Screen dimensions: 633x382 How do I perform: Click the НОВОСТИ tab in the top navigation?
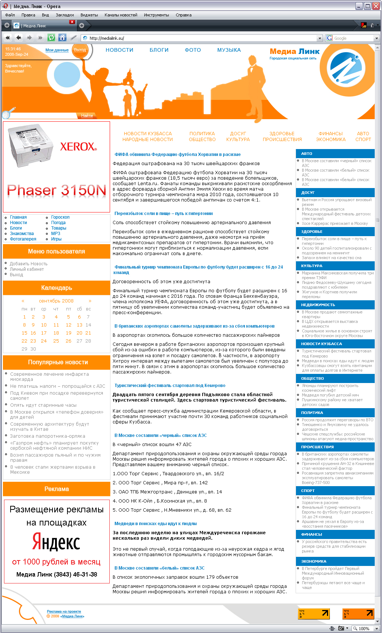click(x=119, y=50)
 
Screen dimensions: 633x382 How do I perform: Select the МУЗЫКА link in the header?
click(x=229, y=50)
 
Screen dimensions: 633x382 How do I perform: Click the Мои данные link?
click(x=57, y=50)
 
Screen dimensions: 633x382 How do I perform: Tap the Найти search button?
click(x=87, y=116)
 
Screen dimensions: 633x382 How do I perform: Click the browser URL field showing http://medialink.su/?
click(x=200, y=38)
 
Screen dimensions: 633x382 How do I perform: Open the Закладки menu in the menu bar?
click(x=65, y=15)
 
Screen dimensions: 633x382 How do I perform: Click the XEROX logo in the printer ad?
click(x=78, y=146)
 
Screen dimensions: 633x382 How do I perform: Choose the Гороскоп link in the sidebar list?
click(x=60, y=217)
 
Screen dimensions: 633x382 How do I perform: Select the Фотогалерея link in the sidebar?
click(x=23, y=239)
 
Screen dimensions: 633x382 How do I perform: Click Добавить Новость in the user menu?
click(x=28, y=264)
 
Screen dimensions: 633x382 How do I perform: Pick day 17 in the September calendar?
click(x=44, y=333)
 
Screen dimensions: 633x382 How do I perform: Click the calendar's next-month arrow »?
click(x=90, y=301)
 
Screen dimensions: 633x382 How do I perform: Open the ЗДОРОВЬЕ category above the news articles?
click(x=282, y=134)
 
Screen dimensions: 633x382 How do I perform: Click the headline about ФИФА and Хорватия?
click(x=178, y=155)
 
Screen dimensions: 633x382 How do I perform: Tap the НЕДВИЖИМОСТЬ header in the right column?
click(x=318, y=305)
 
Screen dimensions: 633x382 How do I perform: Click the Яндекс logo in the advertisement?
click(x=56, y=542)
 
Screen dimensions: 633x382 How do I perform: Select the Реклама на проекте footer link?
click(x=64, y=611)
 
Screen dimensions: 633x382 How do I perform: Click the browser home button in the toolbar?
click(x=62, y=38)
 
